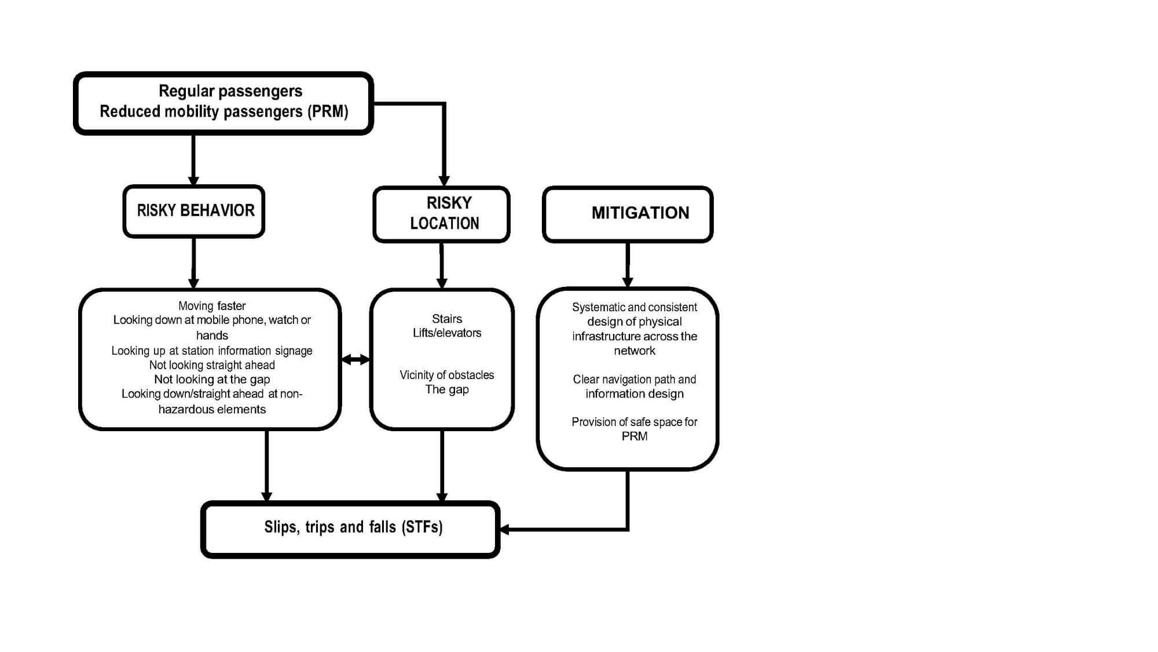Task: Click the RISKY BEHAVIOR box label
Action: coord(196,210)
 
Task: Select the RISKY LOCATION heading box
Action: coord(442,214)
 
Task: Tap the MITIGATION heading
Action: coord(640,213)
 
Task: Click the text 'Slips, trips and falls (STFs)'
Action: coord(353,527)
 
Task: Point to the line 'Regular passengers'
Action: coord(230,91)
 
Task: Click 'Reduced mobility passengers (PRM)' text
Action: coord(224,111)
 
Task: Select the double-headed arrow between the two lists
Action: coord(356,360)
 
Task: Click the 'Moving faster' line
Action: coord(212,306)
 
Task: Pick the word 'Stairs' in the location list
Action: coord(447,319)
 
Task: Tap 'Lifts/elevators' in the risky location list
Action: coord(447,333)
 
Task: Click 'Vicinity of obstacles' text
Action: coord(447,375)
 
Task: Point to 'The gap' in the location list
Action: coord(447,389)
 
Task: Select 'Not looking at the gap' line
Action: coord(212,380)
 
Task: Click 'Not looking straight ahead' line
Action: coord(212,365)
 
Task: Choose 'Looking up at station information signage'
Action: coord(212,351)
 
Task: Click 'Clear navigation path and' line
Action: coord(635,380)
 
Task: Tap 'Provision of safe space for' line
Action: coord(635,422)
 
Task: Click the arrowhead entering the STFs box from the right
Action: coord(504,529)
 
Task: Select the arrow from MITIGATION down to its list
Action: coord(628,265)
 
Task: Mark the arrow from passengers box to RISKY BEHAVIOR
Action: coord(193,161)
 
